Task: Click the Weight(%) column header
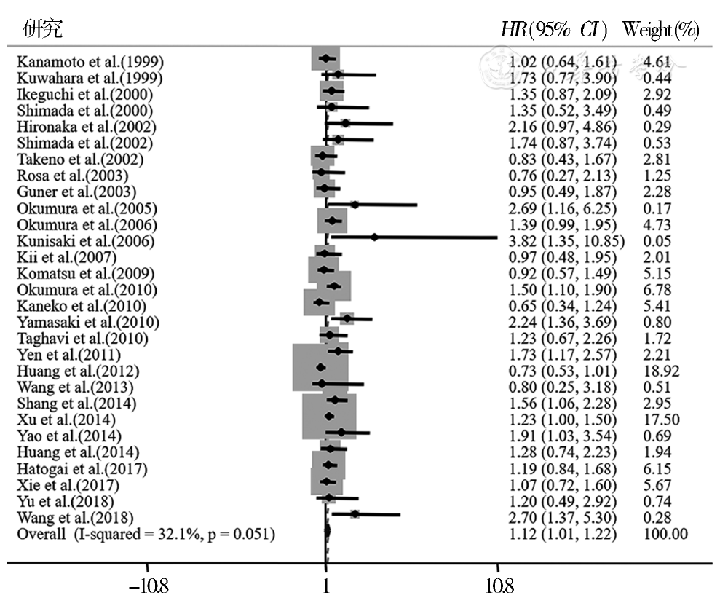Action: pyautogui.click(x=661, y=30)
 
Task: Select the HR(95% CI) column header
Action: pyautogui.click(x=556, y=30)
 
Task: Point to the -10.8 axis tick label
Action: pyautogui.click(x=148, y=586)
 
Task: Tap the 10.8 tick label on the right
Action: pyautogui.click(x=498, y=586)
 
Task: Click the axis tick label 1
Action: pyautogui.click(x=325, y=586)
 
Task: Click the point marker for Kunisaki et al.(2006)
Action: pyautogui.click(x=374, y=237)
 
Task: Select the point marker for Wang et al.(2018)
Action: pyautogui.click(x=355, y=514)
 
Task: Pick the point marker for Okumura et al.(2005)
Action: pyautogui.click(x=355, y=205)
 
